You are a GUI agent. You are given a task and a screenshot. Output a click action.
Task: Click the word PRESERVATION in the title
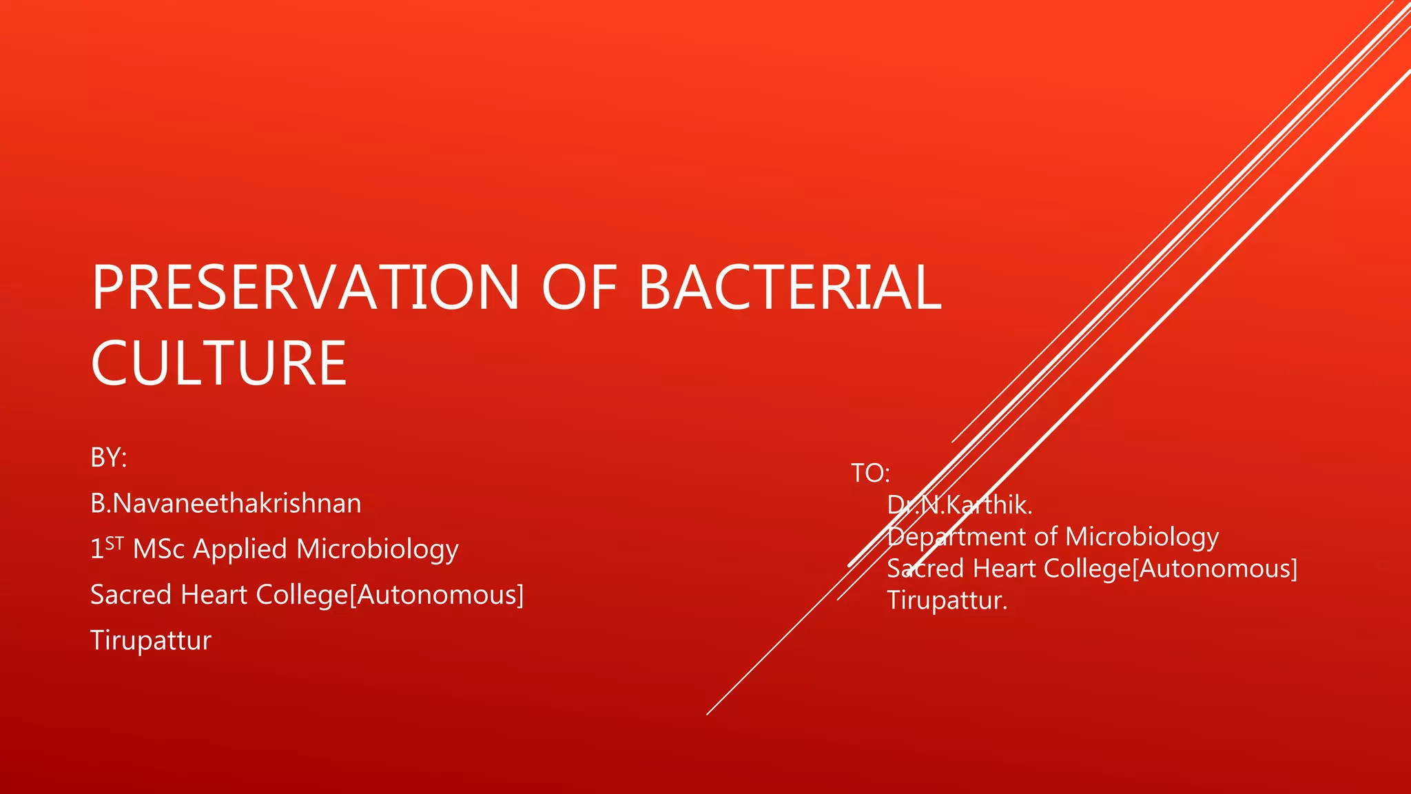pyautogui.click(x=305, y=288)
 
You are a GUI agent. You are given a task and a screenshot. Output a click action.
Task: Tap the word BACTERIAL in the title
pyautogui.click(x=790, y=288)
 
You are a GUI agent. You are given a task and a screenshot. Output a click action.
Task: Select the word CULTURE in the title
pyautogui.click(x=218, y=363)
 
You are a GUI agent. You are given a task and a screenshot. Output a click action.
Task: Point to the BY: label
pyautogui.click(x=109, y=458)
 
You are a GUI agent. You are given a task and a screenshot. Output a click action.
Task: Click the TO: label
pyautogui.click(x=870, y=474)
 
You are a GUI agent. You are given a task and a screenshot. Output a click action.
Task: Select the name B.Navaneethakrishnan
pyautogui.click(x=225, y=504)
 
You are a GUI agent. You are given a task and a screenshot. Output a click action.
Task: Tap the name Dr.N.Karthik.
pyautogui.click(x=959, y=505)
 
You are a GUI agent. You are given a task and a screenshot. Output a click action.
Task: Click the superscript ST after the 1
pyautogui.click(x=114, y=543)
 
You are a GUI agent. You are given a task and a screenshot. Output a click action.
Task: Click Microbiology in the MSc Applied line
pyautogui.click(x=378, y=550)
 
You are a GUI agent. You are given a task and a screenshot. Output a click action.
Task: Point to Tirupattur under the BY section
pyautogui.click(x=150, y=640)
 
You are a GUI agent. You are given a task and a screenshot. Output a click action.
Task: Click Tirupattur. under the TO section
pyautogui.click(x=947, y=600)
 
